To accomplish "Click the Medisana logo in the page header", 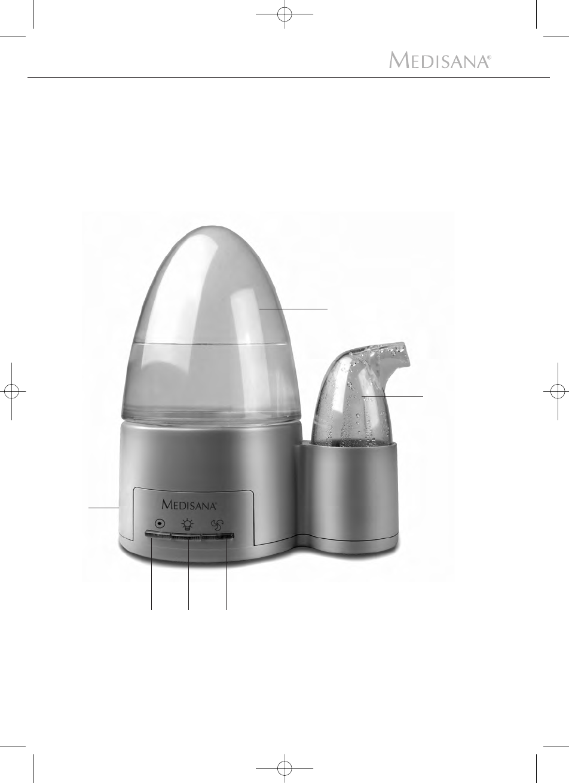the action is click(440, 60).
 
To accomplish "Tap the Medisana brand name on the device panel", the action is click(189, 505).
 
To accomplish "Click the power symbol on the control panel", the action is click(160, 524).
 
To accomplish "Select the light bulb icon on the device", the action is click(188, 524).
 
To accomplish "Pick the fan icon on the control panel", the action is click(216, 524).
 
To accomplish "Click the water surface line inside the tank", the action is click(209, 343).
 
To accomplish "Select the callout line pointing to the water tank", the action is click(293, 309).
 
